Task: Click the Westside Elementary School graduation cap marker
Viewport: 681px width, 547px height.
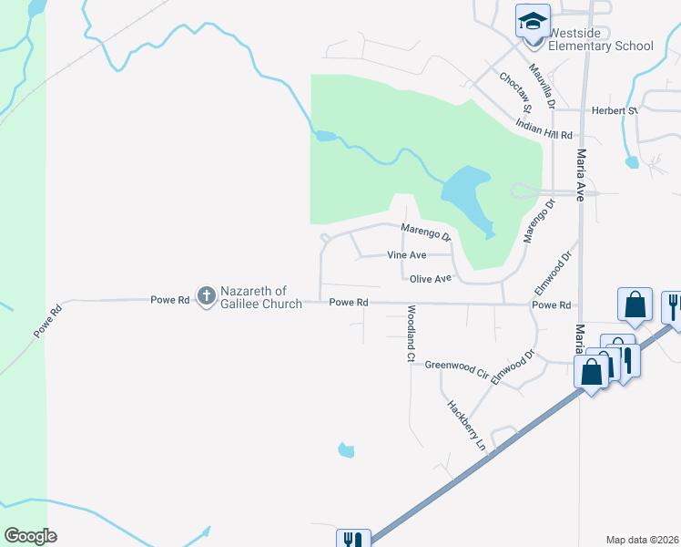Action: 533,21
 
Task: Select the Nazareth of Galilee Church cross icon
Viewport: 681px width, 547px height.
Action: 207,294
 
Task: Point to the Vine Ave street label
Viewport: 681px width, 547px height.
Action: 407,255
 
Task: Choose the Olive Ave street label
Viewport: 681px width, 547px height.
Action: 431,279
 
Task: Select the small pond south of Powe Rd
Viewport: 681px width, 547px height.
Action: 345,449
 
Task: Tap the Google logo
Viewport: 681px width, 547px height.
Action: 30,535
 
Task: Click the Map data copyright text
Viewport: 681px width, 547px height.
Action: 641,540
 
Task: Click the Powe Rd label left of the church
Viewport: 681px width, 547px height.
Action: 170,299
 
